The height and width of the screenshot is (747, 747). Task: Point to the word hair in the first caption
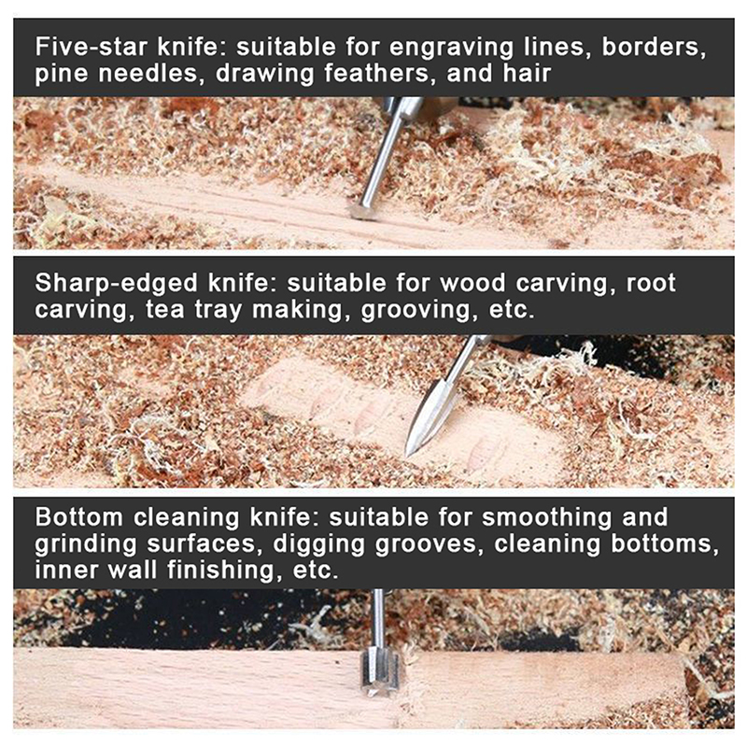pyautogui.click(x=527, y=74)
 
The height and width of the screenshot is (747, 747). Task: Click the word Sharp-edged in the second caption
pyautogui.click(x=117, y=284)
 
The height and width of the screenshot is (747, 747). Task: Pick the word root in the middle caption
pyautogui.click(x=651, y=284)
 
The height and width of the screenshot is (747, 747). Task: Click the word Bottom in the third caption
pyautogui.click(x=79, y=517)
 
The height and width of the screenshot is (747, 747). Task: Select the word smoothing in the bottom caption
pyautogui.click(x=546, y=518)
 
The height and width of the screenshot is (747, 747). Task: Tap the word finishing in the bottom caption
pyautogui.click(x=221, y=571)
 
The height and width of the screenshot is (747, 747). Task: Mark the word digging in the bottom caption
pyautogui.click(x=318, y=544)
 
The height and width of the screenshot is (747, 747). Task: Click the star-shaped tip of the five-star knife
pyautogui.click(x=363, y=211)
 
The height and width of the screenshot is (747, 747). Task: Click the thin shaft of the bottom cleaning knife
pyautogui.click(x=378, y=618)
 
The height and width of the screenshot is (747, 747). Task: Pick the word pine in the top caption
pyautogui.click(x=62, y=75)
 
